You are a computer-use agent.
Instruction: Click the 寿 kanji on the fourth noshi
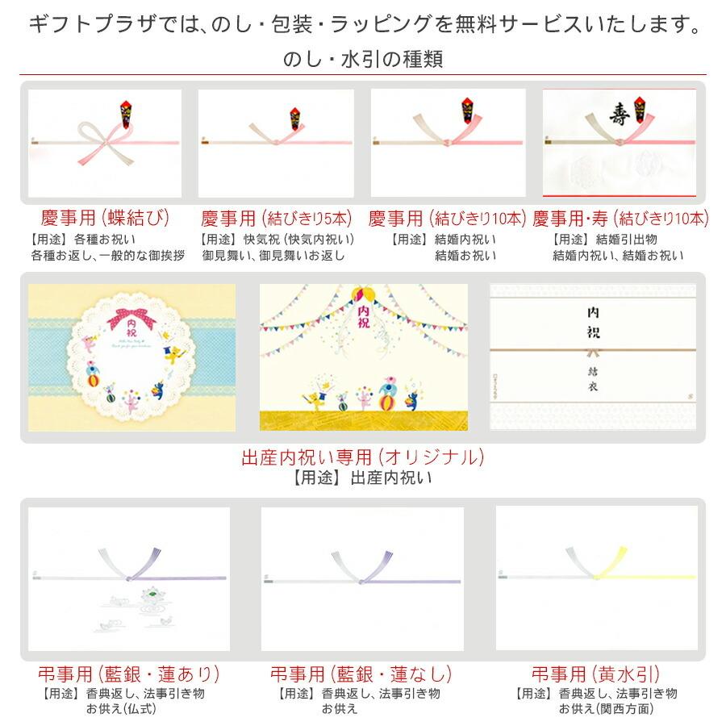coord(620,114)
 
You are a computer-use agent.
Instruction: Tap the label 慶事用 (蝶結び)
coord(106,219)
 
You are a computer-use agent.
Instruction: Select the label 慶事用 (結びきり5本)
coord(277,219)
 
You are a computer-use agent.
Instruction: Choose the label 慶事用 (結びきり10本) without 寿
coord(447,219)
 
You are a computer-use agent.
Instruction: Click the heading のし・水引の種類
coord(362,59)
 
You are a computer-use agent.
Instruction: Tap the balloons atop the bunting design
coord(362,292)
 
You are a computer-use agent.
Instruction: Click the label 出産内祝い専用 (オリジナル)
coord(362,457)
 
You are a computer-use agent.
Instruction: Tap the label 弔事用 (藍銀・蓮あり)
coord(129,674)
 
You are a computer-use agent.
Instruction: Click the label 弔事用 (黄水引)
coord(596,674)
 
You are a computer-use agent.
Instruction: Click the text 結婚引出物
coord(627,240)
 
